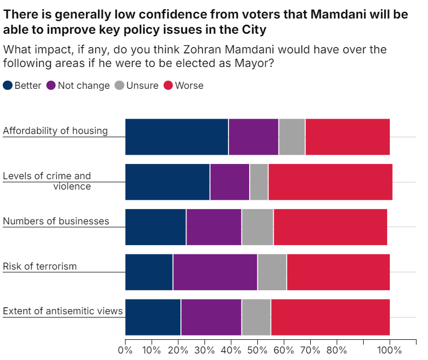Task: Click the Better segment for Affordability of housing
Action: [177, 137]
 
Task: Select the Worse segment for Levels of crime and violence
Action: [330, 182]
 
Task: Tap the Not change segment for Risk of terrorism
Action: [215, 272]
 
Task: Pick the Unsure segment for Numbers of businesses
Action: [257, 227]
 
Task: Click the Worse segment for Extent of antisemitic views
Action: [330, 317]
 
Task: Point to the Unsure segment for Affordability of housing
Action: [292, 137]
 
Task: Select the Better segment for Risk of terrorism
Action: [149, 272]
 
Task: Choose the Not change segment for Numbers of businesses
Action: [214, 227]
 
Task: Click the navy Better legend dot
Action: [8, 86]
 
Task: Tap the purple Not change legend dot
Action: [51, 86]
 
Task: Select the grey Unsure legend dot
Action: [119, 86]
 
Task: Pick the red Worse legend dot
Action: [168, 86]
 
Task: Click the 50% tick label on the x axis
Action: [257, 350]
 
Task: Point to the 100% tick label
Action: [390, 350]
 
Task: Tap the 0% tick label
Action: [125, 350]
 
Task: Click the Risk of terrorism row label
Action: [40, 266]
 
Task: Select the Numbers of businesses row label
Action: [56, 221]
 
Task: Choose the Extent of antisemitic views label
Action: [63, 312]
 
